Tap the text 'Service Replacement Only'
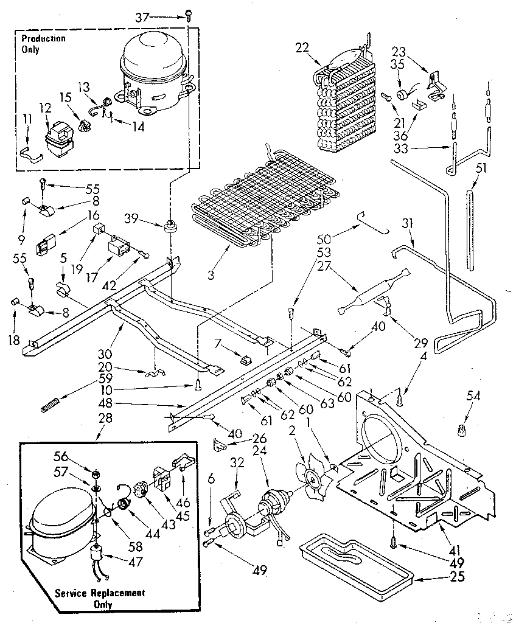99,598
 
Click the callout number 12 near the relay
45,108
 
